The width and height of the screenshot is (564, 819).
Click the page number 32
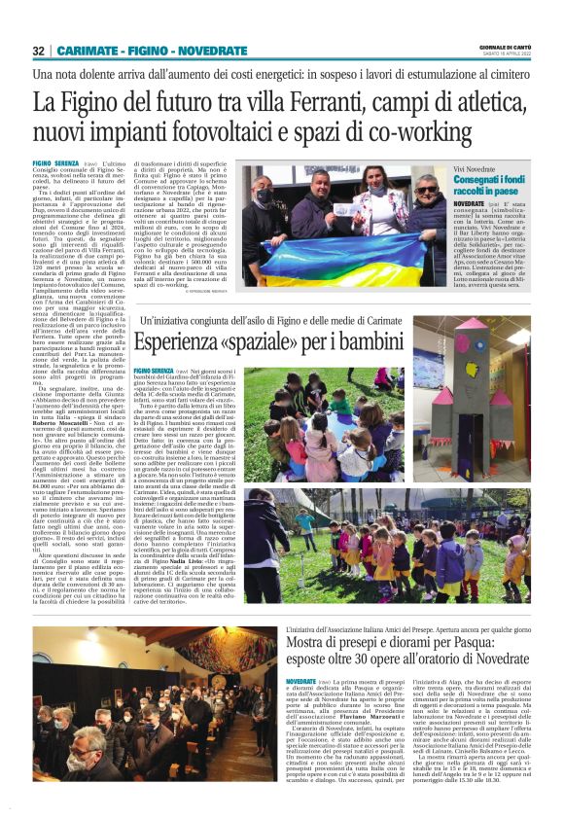click(x=38, y=51)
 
